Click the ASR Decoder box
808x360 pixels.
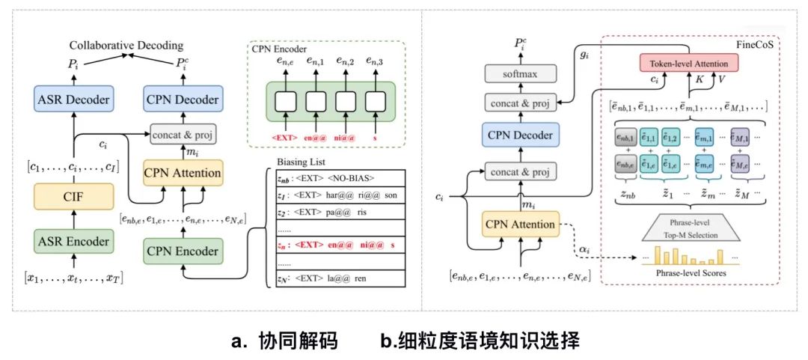pyautogui.click(x=73, y=100)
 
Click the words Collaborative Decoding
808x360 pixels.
pyautogui.click(x=127, y=46)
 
